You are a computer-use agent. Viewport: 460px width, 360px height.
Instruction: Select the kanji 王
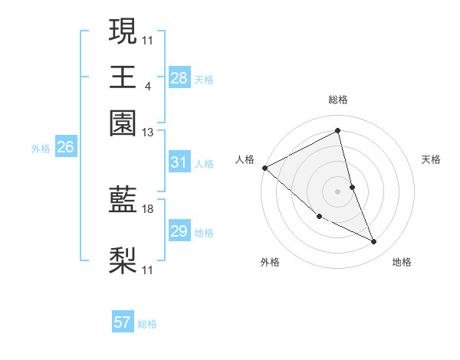click(123, 77)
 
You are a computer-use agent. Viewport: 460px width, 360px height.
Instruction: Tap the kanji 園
click(123, 123)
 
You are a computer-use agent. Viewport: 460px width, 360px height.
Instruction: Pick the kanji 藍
click(123, 201)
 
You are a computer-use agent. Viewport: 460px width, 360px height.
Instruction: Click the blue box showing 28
click(179, 78)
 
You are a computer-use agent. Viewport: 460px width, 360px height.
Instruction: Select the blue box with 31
click(179, 163)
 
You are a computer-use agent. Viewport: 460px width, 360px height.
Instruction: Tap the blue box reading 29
click(179, 231)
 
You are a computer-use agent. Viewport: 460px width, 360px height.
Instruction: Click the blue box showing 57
click(123, 322)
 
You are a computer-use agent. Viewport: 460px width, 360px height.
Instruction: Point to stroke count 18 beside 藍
click(148, 208)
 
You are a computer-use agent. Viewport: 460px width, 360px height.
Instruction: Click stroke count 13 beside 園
click(148, 132)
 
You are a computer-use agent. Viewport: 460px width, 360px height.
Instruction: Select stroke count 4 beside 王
click(147, 86)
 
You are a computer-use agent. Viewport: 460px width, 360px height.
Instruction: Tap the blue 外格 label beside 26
click(41, 149)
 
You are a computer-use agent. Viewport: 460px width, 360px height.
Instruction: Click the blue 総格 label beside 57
click(147, 324)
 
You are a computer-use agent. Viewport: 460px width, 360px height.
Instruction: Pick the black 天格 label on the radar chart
click(431, 159)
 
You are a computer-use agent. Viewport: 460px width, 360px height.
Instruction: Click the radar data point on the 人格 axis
click(264, 168)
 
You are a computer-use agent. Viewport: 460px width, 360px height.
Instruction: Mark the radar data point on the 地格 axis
click(374, 242)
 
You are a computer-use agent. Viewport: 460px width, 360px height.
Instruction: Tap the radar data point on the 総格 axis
click(337, 131)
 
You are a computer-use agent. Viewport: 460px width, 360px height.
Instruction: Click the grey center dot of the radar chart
click(337, 191)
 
